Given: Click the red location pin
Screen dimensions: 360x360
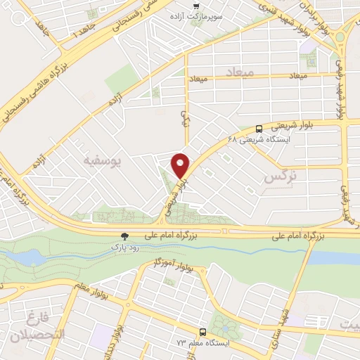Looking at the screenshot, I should pyautogui.click(x=181, y=165).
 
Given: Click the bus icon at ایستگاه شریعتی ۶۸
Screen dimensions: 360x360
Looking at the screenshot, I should pyautogui.click(x=259, y=129).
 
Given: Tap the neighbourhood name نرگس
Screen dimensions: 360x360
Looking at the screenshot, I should pyautogui.click(x=277, y=176).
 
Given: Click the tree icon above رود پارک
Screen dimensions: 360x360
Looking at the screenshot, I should pyautogui.click(x=124, y=237).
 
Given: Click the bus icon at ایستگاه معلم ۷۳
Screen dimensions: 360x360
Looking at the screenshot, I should pyautogui.click(x=202, y=331).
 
